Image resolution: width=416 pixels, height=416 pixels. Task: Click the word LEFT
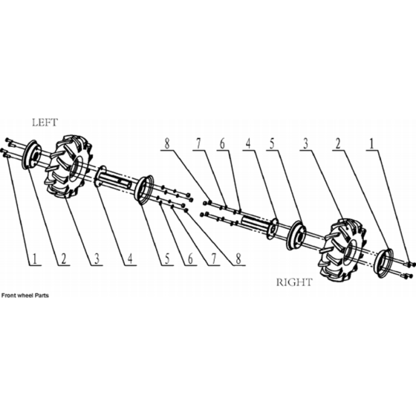point(45,123)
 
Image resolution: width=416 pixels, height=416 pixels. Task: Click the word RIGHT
point(294,282)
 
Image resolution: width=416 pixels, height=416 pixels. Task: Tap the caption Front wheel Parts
point(25,296)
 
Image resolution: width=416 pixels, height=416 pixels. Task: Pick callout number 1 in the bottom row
point(34,259)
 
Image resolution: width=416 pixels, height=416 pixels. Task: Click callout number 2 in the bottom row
point(63,259)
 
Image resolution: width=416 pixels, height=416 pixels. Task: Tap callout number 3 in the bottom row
point(97,259)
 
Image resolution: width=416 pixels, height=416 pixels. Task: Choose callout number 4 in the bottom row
point(130,259)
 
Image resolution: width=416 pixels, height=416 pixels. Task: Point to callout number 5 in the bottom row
point(167,259)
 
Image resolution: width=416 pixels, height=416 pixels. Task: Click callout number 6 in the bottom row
point(190,259)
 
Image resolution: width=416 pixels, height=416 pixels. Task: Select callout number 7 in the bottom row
point(214,259)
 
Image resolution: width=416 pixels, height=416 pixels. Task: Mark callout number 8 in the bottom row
point(238,259)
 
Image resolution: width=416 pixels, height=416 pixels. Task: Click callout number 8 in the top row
point(167,144)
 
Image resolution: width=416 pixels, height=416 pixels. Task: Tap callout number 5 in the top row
point(272,144)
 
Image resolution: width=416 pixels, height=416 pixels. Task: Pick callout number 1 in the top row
point(371,144)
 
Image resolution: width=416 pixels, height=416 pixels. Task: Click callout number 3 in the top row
point(306,144)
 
